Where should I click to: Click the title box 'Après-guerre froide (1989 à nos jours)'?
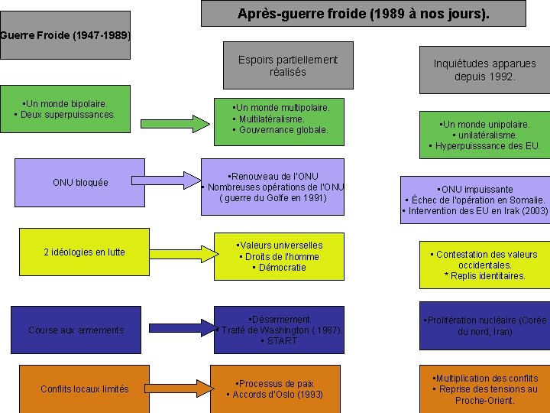tap(364, 14)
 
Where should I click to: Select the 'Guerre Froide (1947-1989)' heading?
tap(66, 35)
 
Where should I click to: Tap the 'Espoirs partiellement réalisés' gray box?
tap(287, 65)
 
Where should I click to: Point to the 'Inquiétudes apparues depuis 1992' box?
tap(484, 70)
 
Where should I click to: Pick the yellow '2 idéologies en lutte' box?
tap(84, 252)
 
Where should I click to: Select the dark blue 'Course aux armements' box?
tap(76, 330)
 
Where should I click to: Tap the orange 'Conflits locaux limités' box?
tap(84, 389)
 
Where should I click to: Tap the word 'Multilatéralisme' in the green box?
tap(271, 119)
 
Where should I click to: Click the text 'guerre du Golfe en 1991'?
tap(273, 198)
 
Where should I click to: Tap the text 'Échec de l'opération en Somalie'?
tap(474, 200)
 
